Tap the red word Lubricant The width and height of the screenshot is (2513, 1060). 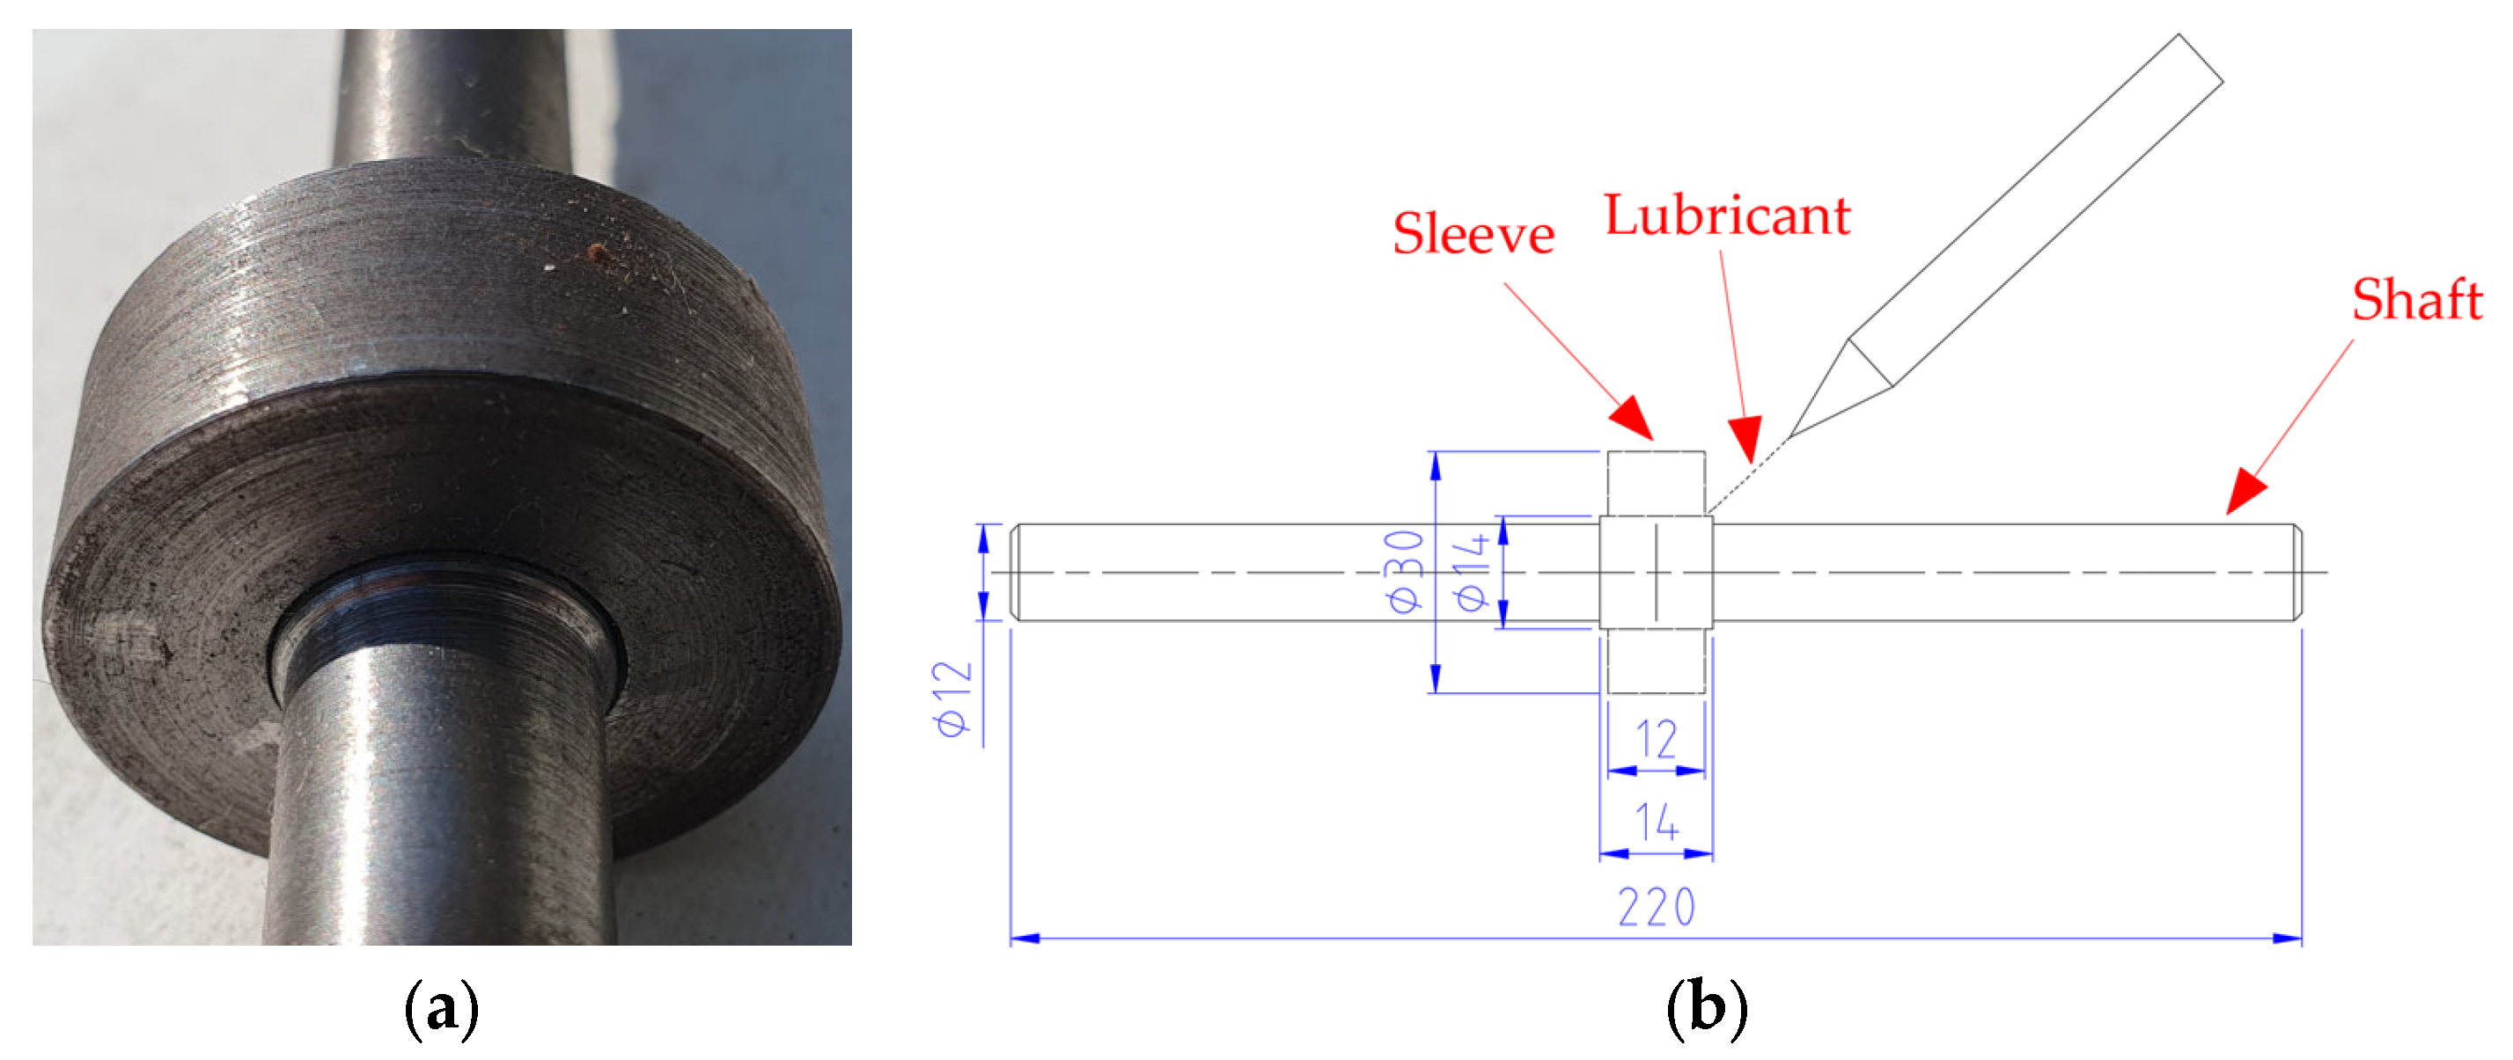(x=1727, y=216)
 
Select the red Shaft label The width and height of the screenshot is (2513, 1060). (x=2416, y=299)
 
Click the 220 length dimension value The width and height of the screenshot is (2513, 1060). (x=1656, y=908)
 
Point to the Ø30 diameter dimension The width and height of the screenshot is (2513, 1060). (x=1405, y=572)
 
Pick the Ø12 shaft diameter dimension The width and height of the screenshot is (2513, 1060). (x=953, y=698)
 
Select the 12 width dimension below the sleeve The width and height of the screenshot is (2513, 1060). (x=1656, y=739)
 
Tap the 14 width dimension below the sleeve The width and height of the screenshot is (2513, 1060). (x=1656, y=822)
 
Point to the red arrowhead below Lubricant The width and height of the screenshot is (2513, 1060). (x=1746, y=438)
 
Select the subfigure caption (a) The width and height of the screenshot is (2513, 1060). (x=441, y=1009)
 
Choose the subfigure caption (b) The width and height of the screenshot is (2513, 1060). (x=1706, y=1009)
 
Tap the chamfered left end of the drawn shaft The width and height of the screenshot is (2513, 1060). (x=1015, y=573)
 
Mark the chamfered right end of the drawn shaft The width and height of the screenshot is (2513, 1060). (x=2296, y=573)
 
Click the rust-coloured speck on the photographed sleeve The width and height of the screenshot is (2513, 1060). (x=595, y=254)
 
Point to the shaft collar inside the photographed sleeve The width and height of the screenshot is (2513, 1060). (x=444, y=624)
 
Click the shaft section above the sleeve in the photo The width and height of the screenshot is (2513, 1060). (x=449, y=98)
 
